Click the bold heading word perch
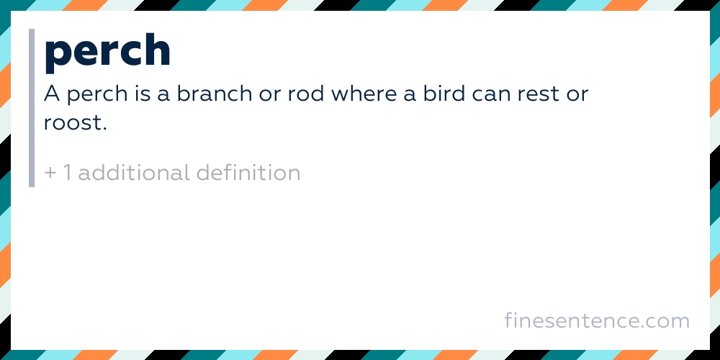(x=107, y=52)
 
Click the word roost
(x=74, y=122)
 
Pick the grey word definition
(x=248, y=173)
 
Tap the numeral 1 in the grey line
(x=66, y=173)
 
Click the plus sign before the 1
(x=50, y=174)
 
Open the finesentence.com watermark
(x=597, y=320)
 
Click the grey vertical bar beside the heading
(x=32, y=108)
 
